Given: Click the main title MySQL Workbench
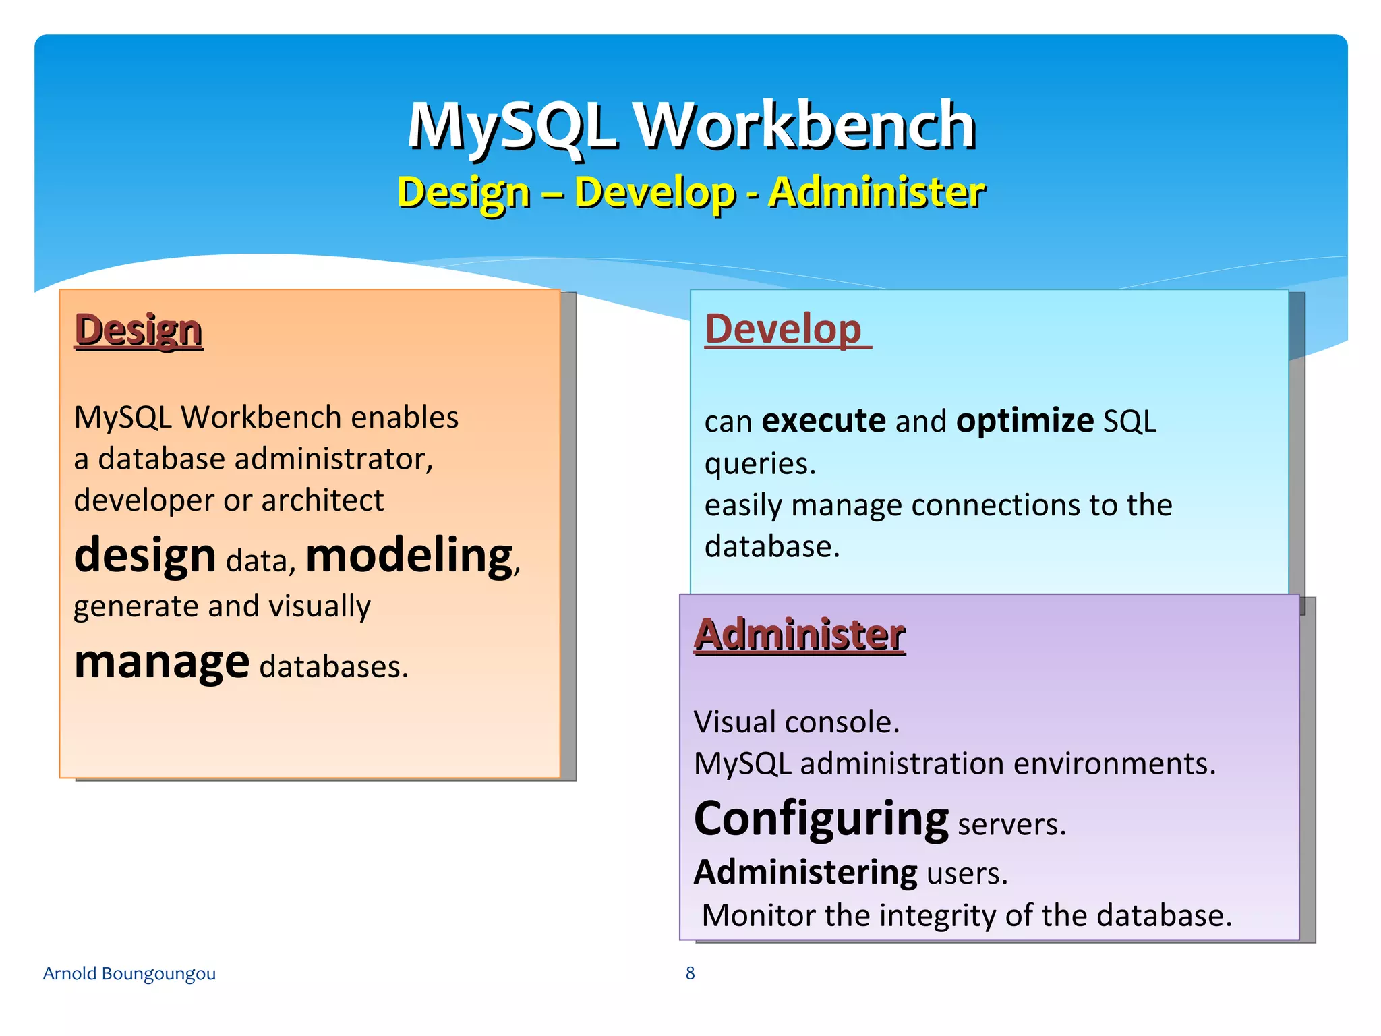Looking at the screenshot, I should (691, 125).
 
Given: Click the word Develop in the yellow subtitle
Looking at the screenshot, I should (654, 192).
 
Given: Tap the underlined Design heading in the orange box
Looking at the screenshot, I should (138, 330).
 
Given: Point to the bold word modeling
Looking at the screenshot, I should (409, 556).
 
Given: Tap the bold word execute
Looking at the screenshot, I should (823, 421).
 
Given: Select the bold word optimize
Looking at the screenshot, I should (1025, 421).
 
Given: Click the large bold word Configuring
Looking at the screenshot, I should (821, 819).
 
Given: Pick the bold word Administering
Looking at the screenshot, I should (806, 872).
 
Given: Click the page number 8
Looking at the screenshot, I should (690, 973).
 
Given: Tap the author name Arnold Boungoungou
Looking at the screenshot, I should (129, 973).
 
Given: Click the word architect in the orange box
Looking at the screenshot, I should (322, 500).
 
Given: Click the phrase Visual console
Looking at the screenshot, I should (796, 722).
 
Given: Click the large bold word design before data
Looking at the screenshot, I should (145, 556).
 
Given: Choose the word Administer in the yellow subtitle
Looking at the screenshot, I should (877, 192).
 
